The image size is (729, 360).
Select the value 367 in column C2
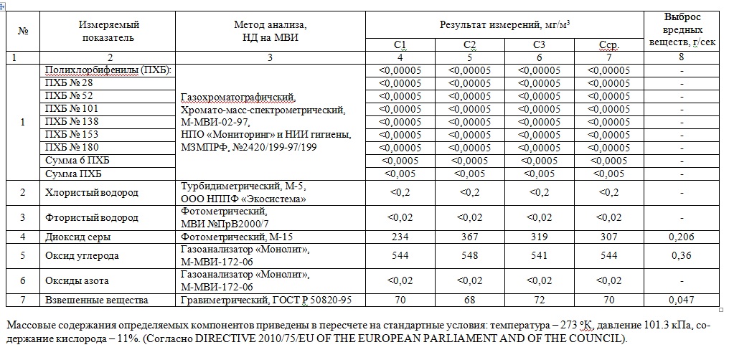(x=470, y=237)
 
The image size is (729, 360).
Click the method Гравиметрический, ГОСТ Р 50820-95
(x=265, y=300)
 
